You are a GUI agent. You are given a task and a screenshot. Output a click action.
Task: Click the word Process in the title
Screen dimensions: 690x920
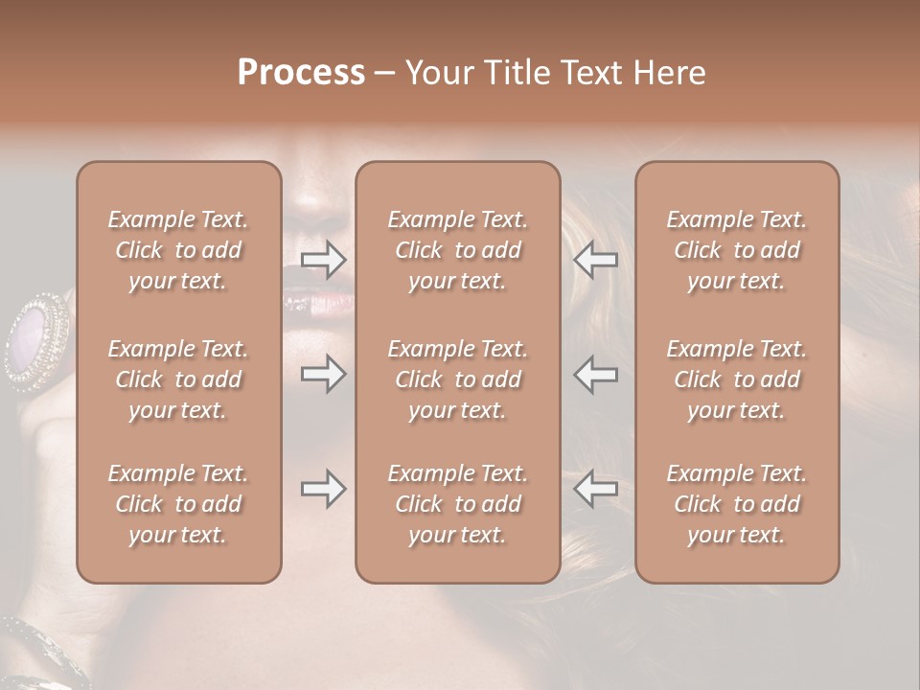coord(301,73)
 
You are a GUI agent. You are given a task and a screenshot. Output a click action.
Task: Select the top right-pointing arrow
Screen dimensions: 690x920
coord(323,259)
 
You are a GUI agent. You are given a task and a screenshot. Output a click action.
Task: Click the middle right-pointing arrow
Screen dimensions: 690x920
coord(323,374)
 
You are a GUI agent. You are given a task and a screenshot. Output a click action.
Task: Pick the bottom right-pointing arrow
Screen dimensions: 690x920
coord(323,489)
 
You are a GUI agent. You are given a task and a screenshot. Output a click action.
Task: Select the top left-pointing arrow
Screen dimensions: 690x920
coord(595,259)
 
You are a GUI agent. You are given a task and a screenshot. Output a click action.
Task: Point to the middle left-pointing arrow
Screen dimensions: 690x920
coord(595,374)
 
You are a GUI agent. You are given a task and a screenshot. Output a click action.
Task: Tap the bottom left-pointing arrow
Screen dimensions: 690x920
coord(595,489)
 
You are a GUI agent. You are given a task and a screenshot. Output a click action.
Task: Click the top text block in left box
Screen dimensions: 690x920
coord(178,250)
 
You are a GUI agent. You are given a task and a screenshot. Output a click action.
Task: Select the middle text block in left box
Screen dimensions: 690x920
coord(178,379)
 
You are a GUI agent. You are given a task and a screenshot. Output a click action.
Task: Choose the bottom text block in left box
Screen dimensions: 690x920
coord(178,504)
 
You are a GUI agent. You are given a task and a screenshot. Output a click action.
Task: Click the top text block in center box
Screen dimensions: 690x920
coord(457,250)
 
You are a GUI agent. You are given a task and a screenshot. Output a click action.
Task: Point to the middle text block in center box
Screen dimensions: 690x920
coord(457,379)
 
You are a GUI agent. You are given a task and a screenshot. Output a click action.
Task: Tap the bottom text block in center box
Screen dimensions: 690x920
coord(457,504)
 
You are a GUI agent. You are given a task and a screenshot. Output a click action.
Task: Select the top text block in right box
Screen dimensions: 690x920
coord(736,250)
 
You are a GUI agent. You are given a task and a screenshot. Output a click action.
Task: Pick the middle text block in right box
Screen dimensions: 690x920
coord(736,379)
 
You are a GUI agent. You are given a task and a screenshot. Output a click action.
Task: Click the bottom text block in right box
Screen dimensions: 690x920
coord(736,504)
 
